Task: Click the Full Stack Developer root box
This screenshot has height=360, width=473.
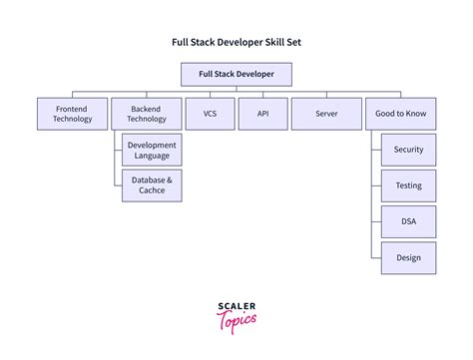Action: coord(236,74)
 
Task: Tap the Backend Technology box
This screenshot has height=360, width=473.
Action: coord(146,114)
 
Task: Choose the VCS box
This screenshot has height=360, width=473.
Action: coord(210,114)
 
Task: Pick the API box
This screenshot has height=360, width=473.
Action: coord(262,114)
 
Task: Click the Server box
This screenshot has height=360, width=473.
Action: coord(325,114)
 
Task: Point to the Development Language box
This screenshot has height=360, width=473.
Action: coord(152,151)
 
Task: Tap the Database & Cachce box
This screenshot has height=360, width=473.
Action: coord(152,185)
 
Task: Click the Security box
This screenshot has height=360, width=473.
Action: coord(408,150)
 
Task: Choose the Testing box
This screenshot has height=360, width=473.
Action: coord(408,185)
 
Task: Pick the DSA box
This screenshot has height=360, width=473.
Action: coord(408,221)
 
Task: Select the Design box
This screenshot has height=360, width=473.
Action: coord(408,257)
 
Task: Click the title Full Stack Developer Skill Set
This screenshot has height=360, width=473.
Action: coord(236,43)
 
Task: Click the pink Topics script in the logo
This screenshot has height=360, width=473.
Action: coord(236,321)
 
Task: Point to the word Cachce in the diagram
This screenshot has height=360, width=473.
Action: coord(152,191)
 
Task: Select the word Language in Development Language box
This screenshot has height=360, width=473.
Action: coord(152,157)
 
